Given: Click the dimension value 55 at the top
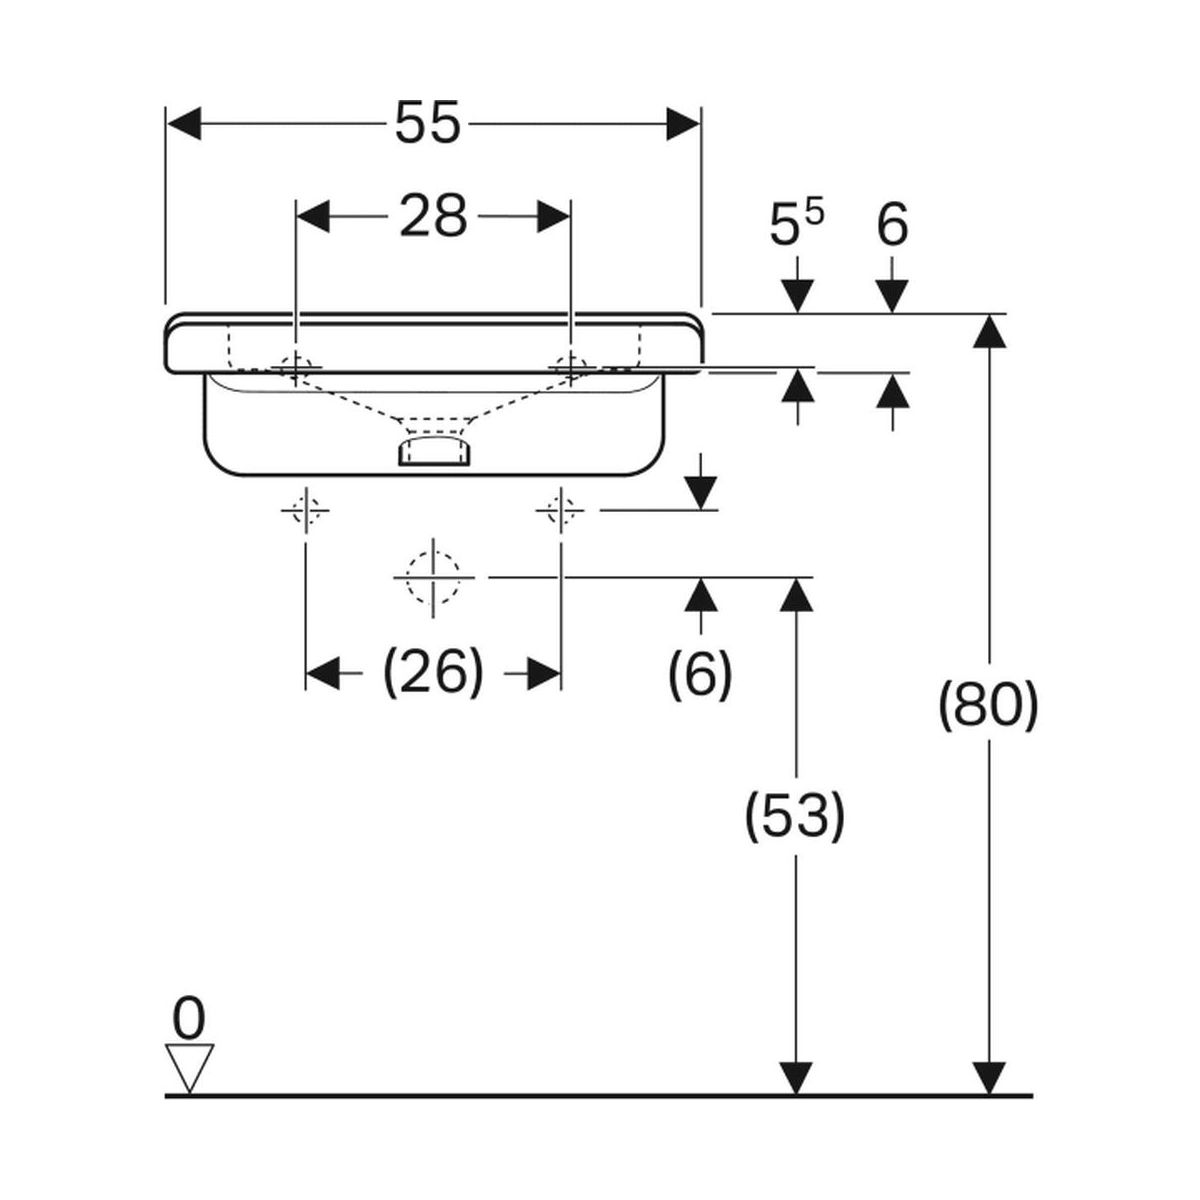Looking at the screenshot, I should [427, 125].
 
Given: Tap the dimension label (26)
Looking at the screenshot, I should [433, 672].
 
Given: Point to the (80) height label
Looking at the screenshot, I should [989, 707].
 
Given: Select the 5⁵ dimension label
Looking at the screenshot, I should [796, 225].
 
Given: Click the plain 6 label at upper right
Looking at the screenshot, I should [892, 225].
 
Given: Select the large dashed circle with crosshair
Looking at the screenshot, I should [433, 578].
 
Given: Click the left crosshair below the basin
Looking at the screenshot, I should [305, 512].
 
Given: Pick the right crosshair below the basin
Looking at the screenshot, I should [560, 512].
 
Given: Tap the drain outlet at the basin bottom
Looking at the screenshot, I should [433, 450].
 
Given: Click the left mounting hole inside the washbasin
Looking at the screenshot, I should [296, 366].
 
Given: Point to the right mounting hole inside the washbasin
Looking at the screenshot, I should [570, 366].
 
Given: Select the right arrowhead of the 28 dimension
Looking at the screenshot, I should [553, 216].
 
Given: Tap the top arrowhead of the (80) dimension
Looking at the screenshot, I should [989, 331].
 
